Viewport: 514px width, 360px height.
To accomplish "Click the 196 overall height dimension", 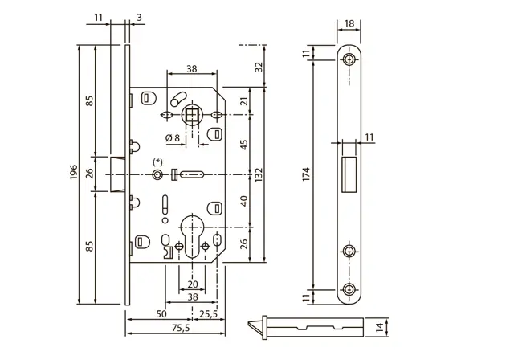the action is pos(74,172).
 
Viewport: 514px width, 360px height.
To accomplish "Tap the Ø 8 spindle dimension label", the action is pos(173,138).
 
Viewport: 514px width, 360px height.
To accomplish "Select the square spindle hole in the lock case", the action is pos(192,115).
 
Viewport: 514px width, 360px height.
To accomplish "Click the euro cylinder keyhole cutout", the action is pos(192,236).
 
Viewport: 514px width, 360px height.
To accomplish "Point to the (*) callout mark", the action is pos(157,162).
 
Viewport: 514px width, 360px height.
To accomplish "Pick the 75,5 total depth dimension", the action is pos(181,328).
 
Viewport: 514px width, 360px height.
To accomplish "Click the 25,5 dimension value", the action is pos(209,314).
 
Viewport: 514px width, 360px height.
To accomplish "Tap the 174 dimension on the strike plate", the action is pos(306,174).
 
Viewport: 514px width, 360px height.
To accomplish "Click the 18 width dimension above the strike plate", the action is pos(349,23).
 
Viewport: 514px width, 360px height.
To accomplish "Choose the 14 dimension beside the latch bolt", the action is pos(380,328).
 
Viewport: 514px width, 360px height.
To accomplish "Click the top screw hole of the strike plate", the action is pos(349,59).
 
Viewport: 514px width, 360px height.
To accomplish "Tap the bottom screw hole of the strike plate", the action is pos(349,290).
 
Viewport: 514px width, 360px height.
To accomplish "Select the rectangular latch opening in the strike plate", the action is pos(349,174).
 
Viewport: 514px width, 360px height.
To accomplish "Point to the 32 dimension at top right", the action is pos(259,67).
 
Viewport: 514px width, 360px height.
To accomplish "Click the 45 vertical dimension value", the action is pos(244,145).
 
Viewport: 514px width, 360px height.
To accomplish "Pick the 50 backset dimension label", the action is pos(161,314).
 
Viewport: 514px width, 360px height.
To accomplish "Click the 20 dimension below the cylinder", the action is pos(193,284).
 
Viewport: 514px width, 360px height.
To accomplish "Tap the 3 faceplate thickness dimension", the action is pos(139,18).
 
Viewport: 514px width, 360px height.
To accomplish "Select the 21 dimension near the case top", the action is pos(244,101).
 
